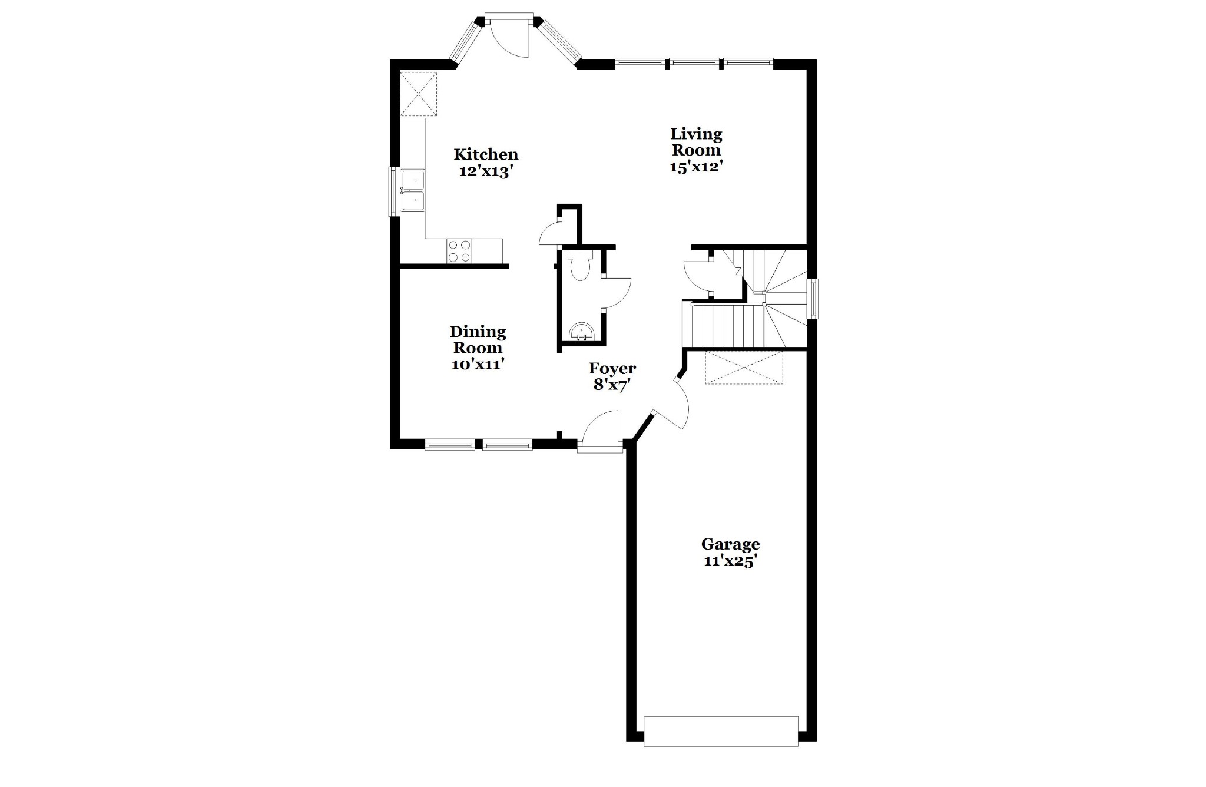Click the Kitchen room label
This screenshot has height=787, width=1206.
[486, 154]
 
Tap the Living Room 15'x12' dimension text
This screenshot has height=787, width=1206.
[696, 167]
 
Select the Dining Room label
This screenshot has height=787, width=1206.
[478, 340]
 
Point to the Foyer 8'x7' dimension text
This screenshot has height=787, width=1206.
[612, 385]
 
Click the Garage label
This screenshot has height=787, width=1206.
[730, 544]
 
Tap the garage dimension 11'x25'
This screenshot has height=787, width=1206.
[730, 561]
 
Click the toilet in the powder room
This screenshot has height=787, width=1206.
[580, 266]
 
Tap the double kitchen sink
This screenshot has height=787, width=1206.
[413, 190]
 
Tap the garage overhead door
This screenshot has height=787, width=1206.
[721, 732]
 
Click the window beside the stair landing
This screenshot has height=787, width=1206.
[813, 299]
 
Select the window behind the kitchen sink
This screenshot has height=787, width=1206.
[393, 191]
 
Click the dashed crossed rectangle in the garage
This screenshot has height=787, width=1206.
[744, 368]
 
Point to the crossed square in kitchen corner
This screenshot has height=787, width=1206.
[419, 94]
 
